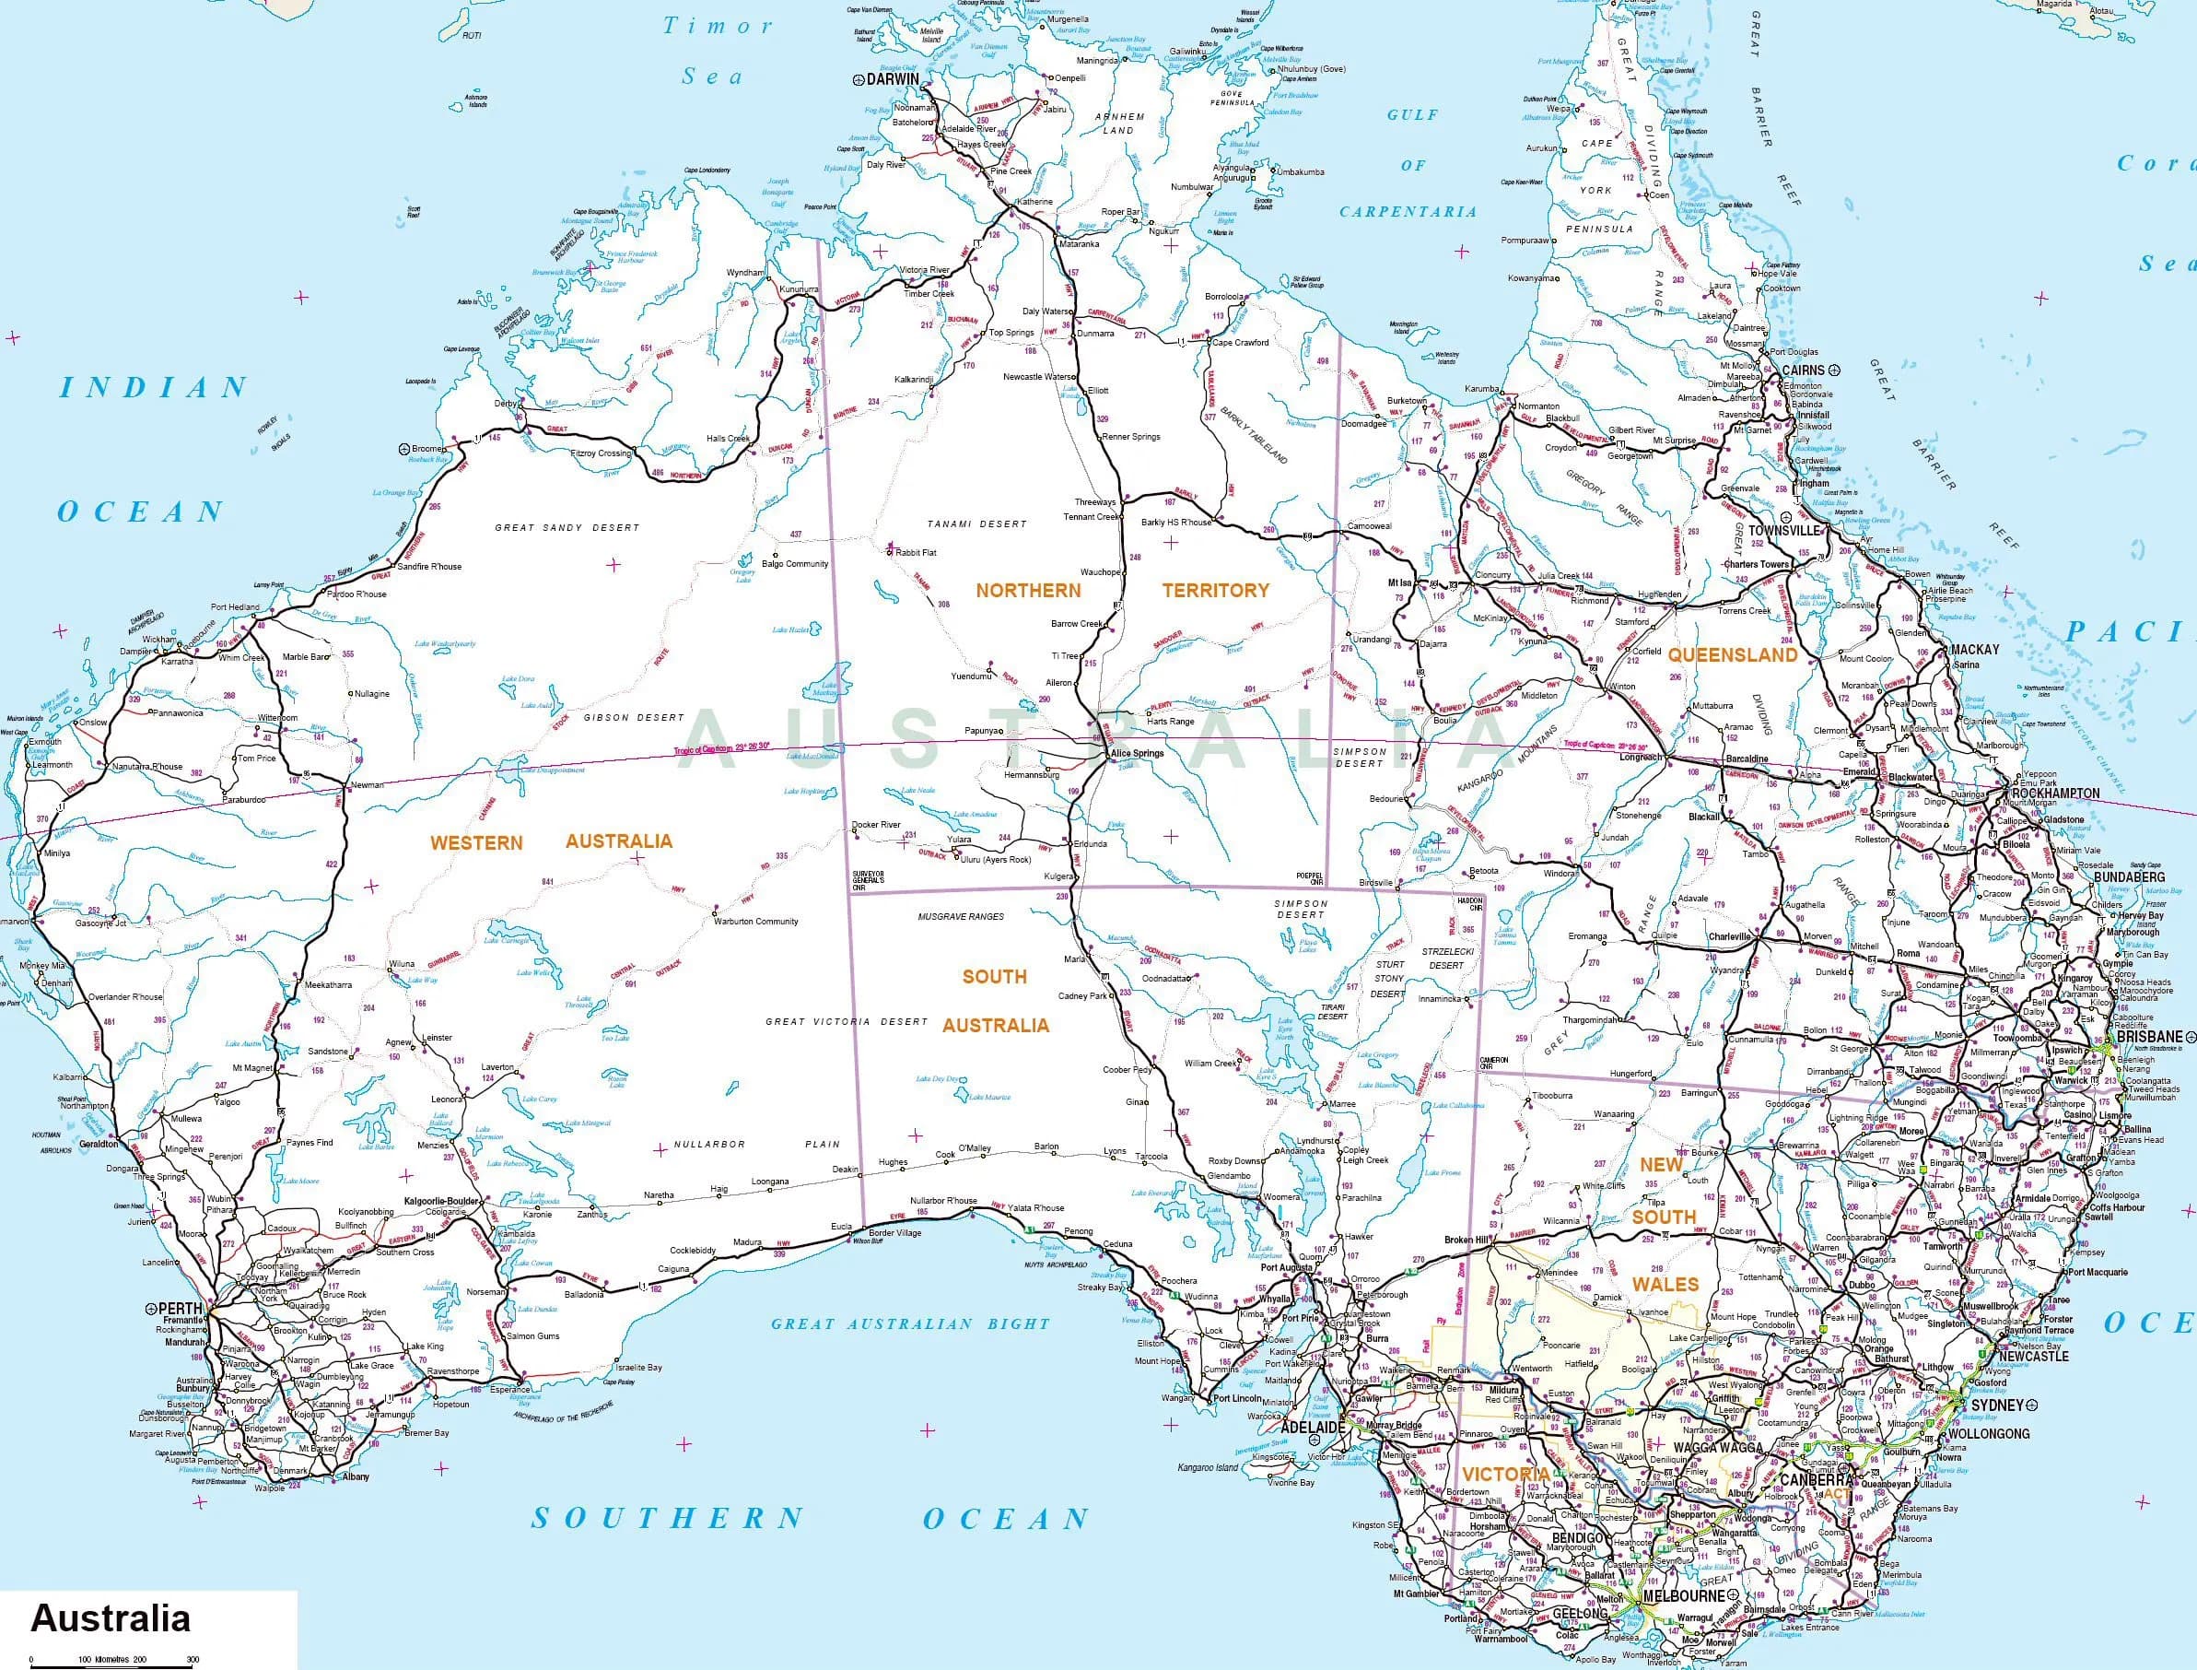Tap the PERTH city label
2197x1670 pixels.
(x=180, y=1308)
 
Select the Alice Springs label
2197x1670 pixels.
(x=1136, y=754)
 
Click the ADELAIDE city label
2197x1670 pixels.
(x=1309, y=1427)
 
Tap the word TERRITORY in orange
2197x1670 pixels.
(x=1215, y=590)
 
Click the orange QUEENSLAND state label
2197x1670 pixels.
(x=1732, y=655)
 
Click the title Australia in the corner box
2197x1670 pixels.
(x=111, y=1617)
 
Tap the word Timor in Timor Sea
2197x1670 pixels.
(x=718, y=27)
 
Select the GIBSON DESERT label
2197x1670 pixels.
(x=634, y=717)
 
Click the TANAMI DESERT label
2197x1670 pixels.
(x=976, y=523)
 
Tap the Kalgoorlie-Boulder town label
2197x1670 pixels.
(x=442, y=1201)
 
